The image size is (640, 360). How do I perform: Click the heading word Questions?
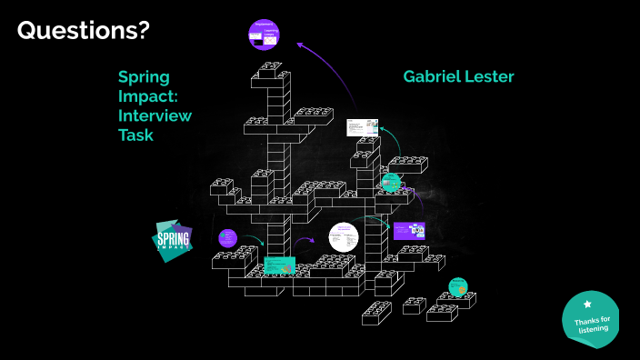pos(84,32)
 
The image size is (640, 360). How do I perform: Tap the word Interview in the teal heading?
pos(154,115)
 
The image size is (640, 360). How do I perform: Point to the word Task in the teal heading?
pos(135,135)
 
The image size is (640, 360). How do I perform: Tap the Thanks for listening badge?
pos(591,320)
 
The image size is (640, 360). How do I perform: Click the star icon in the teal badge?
pos(587,305)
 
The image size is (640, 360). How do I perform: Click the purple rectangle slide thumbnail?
pos(408,230)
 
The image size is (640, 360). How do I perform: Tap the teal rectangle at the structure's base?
pos(279,265)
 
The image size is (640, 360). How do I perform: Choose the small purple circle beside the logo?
pos(227,239)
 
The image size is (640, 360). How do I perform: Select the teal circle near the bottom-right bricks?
pos(457,285)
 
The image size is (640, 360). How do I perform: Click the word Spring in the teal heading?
pos(144,76)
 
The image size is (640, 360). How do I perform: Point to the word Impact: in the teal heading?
pos(149,95)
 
